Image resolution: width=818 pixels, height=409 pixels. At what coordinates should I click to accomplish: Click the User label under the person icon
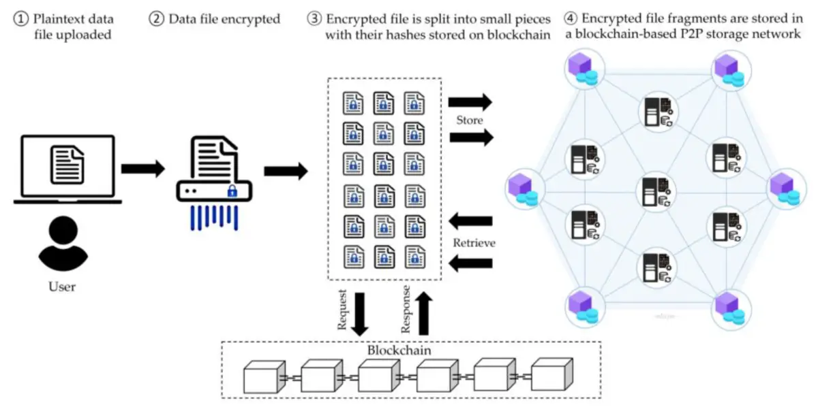click(62, 287)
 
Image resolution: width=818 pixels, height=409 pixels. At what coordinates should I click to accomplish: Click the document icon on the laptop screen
click(67, 163)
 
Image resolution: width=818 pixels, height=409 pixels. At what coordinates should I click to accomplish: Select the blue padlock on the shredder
click(232, 191)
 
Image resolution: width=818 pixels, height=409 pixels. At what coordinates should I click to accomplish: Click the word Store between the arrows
click(469, 120)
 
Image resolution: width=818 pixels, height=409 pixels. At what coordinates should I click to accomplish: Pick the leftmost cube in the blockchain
click(263, 376)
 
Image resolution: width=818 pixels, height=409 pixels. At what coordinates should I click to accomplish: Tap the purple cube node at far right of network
click(787, 187)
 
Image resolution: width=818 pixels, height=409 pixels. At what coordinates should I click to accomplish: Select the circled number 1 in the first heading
click(20, 19)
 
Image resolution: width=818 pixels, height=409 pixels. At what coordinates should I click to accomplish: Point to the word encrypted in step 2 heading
click(254, 19)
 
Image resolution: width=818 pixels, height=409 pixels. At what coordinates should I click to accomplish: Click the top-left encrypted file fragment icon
click(353, 103)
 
